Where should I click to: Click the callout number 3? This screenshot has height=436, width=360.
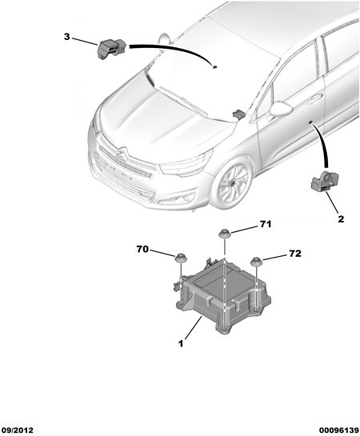(66, 37)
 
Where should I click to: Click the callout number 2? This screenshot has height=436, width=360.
(341, 219)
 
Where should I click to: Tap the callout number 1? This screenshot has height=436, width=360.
(181, 344)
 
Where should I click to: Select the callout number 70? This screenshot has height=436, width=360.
(142, 249)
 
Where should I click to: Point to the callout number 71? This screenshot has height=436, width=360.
(266, 224)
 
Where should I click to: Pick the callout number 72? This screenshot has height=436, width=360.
(295, 254)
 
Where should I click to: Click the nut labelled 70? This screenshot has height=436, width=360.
(181, 258)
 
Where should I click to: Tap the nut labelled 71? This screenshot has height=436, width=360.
(224, 234)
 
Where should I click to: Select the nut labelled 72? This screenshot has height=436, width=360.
(256, 262)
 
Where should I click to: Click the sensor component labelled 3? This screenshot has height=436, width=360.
(111, 48)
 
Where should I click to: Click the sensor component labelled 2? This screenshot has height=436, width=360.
(325, 182)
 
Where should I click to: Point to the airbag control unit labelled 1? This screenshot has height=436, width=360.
(223, 295)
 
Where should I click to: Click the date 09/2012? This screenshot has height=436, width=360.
(18, 430)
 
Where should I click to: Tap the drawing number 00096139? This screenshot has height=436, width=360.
(339, 430)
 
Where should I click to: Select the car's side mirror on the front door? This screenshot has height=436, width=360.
(281, 109)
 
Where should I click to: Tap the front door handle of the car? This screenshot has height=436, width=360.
(315, 98)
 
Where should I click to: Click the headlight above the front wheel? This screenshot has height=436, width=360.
(186, 164)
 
